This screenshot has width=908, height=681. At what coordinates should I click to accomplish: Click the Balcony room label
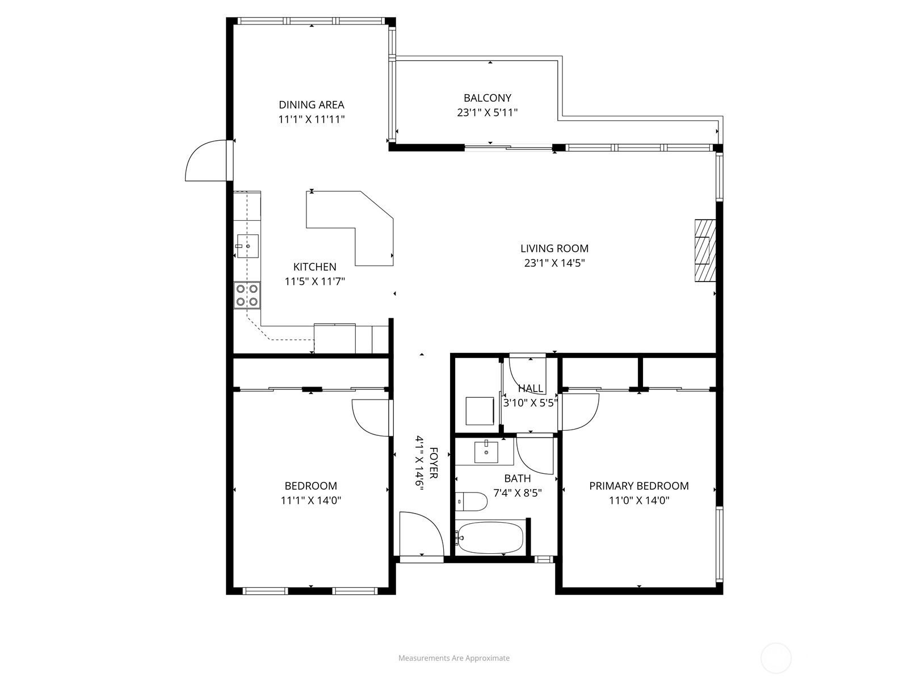click(487, 98)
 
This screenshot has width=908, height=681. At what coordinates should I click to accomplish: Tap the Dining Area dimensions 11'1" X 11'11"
click(312, 120)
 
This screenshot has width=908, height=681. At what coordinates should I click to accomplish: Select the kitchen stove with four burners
click(247, 295)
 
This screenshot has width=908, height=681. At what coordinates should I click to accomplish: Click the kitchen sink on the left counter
click(247, 246)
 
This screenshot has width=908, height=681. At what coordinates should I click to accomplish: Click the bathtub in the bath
click(489, 537)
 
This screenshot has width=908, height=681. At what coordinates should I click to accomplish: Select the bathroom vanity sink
click(486, 452)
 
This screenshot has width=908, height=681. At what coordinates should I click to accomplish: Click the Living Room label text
click(554, 248)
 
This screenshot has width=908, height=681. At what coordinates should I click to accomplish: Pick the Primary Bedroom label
click(638, 486)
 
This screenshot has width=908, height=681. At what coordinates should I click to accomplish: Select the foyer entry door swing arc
click(421, 533)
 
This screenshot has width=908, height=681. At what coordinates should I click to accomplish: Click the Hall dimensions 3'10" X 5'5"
click(531, 403)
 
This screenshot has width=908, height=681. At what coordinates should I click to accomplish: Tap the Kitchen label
click(314, 267)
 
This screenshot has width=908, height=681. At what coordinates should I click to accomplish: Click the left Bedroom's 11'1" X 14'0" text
click(310, 501)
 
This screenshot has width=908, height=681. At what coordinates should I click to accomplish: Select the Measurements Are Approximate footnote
click(453, 658)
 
